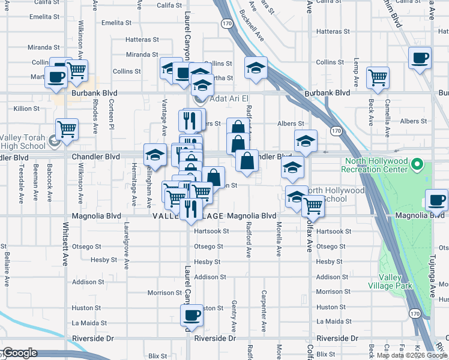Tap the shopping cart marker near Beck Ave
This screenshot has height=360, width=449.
[378, 77]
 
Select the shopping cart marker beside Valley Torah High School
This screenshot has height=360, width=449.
[67, 128]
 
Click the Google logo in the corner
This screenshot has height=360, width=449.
[19, 353]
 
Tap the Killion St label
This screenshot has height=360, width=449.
[26, 109]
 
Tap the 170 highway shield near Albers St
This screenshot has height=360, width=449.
[336, 131]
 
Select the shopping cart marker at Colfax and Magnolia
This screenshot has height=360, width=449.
[312, 206]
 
